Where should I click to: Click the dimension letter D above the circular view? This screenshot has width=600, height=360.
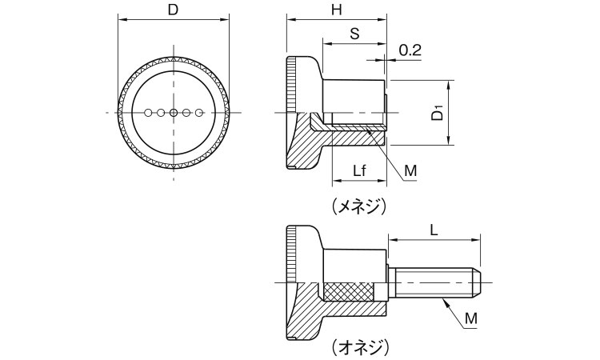tap(173, 10)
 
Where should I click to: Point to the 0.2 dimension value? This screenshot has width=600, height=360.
tap(410, 50)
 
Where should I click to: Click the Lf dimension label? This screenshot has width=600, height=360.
tap(361, 170)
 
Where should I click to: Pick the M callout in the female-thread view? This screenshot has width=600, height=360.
tap(410, 170)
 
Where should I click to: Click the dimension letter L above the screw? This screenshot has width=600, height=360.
tap(434, 229)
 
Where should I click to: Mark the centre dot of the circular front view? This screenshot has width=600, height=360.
tap(173, 113)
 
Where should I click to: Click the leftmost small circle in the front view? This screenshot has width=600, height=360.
tap(148, 113)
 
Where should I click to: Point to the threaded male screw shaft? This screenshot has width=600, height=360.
tap(432, 284)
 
